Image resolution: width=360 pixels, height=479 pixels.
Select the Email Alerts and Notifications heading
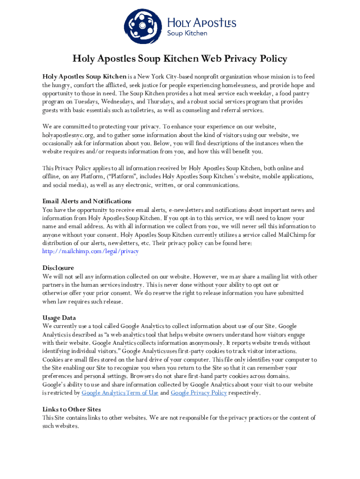[87, 201]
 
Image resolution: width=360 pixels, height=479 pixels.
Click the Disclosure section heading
[58, 268]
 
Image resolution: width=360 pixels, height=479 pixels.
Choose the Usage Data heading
[59, 318]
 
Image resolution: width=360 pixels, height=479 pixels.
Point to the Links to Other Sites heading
[72, 409]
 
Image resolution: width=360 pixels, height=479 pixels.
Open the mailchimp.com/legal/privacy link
[90, 251]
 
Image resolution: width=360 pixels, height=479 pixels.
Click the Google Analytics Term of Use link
[120, 393]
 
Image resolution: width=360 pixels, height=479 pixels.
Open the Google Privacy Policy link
[199, 393]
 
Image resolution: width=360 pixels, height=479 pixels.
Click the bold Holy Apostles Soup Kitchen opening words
[85, 77]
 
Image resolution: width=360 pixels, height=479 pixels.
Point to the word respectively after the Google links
[244, 393]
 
